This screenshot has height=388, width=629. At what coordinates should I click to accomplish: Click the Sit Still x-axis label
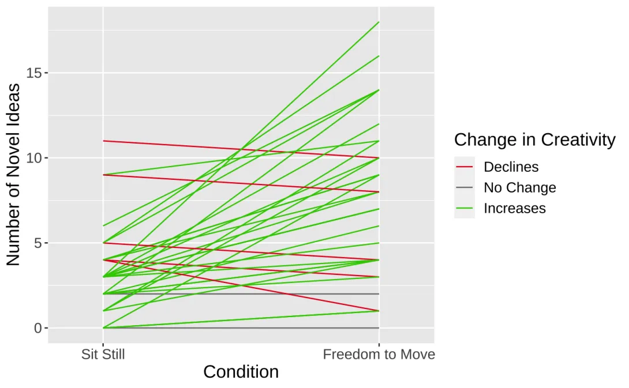(x=103, y=354)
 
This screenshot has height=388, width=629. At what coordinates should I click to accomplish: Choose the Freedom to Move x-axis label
(x=379, y=354)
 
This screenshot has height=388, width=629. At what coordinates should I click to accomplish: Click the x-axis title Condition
(x=241, y=372)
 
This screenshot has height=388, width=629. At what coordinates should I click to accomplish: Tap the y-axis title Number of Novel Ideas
(x=14, y=175)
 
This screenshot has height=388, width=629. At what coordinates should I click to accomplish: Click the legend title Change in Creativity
(x=534, y=140)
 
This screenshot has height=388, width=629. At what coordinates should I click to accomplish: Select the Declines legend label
(x=511, y=167)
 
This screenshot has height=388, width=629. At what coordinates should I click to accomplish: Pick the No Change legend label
(x=519, y=188)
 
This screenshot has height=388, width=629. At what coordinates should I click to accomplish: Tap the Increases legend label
(x=514, y=208)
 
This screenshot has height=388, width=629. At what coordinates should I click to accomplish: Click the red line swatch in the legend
(x=465, y=167)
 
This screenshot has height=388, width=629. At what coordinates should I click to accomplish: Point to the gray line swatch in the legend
(x=465, y=188)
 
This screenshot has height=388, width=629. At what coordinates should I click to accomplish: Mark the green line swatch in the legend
(x=465, y=208)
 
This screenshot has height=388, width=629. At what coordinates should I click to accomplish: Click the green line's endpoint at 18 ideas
(x=379, y=22)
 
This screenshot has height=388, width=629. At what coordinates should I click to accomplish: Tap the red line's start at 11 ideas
(x=103, y=141)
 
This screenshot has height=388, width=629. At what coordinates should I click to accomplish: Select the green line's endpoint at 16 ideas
(x=379, y=56)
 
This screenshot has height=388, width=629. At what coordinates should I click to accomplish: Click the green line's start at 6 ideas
(x=103, y=226)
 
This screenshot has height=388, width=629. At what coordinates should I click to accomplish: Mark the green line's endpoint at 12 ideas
(x=379, y=124)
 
